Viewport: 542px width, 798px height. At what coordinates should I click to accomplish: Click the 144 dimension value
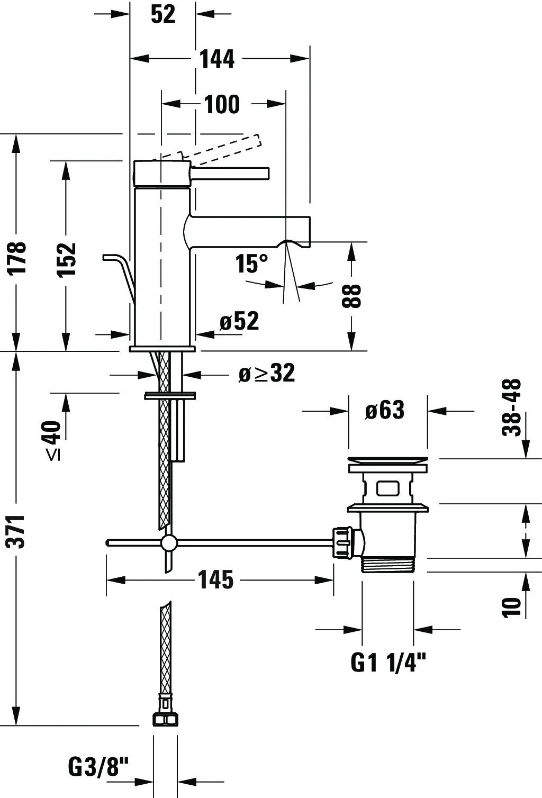click(217, 59)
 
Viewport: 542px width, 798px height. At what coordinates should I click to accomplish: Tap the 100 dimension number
click(222, 104)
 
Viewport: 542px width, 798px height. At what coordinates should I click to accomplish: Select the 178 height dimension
click(17, 258)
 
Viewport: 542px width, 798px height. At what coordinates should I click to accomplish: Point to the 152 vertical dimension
click(66, 259)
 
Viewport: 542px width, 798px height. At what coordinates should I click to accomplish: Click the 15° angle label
click(251, 264)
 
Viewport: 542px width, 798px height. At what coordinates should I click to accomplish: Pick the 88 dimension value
click(351, 296)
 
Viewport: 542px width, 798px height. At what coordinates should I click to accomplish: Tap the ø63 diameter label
click(385, 410)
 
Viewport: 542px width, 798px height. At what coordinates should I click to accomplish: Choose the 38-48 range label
click(511, 407)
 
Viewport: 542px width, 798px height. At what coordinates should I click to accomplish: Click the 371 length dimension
click(16, 531)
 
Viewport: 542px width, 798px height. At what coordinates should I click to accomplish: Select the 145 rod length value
click(216, 579)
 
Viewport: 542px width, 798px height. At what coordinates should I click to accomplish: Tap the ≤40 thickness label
click(53, 440)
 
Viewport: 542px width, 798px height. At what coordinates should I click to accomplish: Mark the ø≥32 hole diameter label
click(267, 373)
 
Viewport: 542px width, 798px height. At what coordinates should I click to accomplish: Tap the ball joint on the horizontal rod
click(168, 542)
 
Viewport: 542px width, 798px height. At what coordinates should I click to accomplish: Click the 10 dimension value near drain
click(511, 606)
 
